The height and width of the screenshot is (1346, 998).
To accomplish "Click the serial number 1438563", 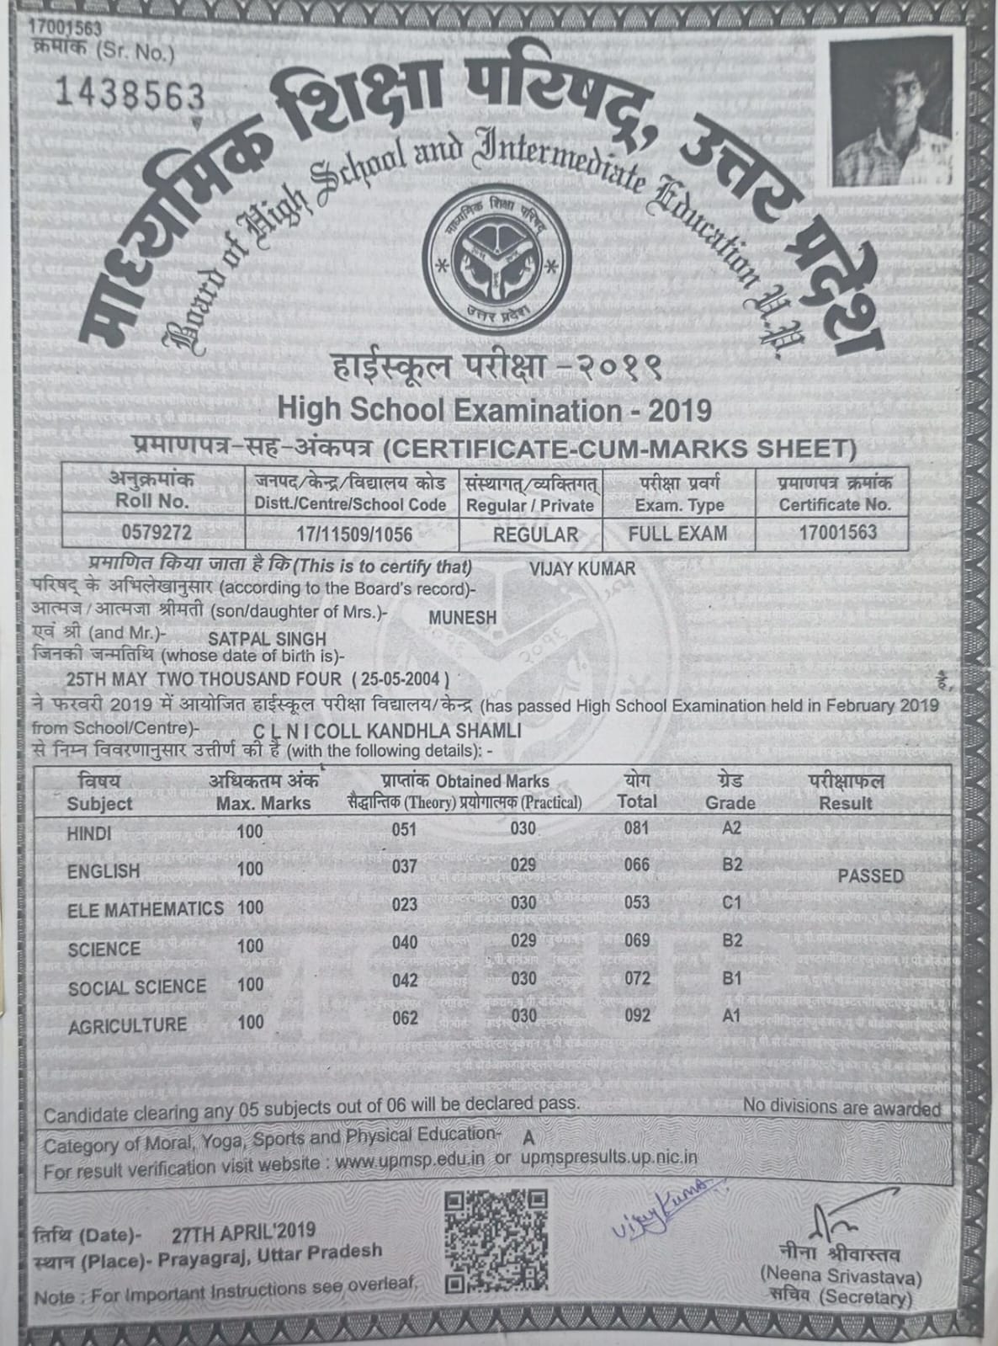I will click(129, 94).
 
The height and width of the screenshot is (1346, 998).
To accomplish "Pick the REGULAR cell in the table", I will click(535, 534).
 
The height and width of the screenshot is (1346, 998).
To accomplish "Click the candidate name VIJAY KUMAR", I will click(582, 568).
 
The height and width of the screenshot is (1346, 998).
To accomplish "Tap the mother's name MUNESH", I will click(462, 617).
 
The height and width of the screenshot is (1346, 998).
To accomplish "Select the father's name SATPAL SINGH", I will click(267, 639).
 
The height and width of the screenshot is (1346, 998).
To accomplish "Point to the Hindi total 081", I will click(636, 828).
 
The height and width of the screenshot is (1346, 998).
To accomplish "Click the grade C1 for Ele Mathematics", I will click(731, 902).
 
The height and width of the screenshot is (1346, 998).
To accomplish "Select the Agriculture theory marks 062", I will click(405, 1019).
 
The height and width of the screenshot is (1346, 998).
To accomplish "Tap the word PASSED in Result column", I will click(870, 876).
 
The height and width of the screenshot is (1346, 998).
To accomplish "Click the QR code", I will click(496, 1240).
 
